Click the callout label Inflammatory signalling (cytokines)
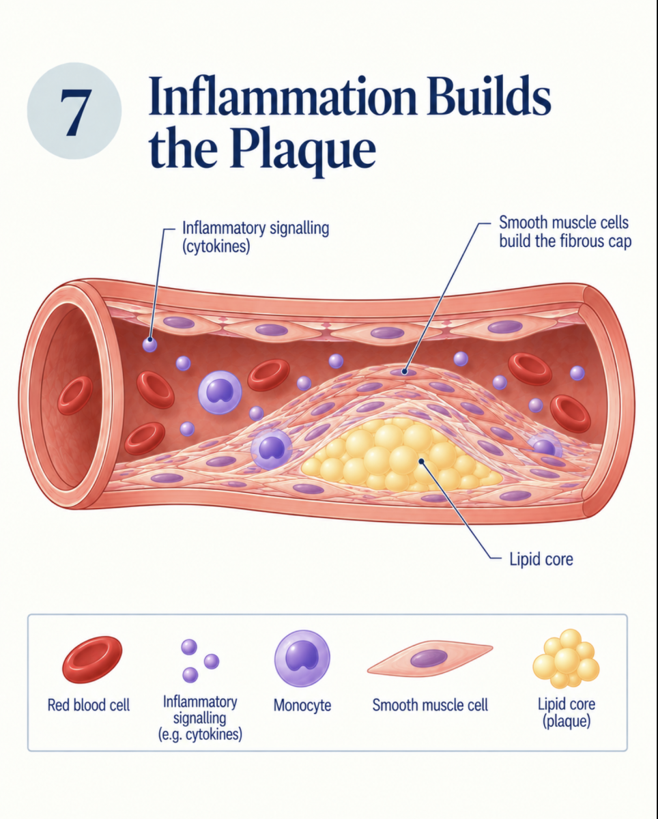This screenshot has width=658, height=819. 255,237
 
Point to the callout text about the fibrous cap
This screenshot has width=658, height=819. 565,231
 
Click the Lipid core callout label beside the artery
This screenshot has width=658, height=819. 541,560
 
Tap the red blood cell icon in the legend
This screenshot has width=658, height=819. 92,659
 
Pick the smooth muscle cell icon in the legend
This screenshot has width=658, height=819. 429,657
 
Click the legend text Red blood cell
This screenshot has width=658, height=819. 88,705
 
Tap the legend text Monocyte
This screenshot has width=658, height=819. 302,706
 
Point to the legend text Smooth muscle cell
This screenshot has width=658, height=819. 430,705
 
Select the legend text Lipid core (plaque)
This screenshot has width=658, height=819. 567,713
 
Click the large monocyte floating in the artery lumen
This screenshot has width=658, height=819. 220,392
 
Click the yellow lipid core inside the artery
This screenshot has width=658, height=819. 399,455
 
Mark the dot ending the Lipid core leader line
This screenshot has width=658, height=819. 421,461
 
